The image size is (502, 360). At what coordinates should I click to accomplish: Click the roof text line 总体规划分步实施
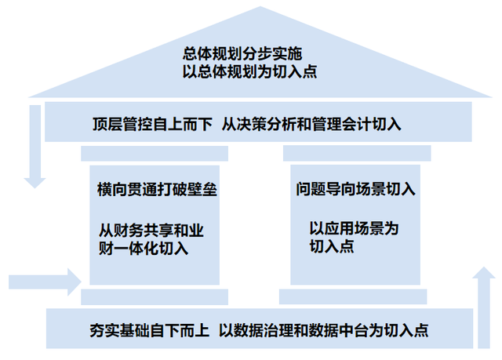pyautogui.click(x=242, y=54)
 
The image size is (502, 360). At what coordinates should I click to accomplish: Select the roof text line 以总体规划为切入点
pyautogui.click(x=249, y=71)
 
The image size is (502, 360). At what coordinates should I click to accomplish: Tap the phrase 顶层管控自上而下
pyautogui.click(x=152, y=124)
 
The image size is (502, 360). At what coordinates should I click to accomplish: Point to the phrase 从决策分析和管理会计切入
pyautogui.click(x=311, y=124)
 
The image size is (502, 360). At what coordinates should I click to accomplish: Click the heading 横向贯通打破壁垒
pyautogui.click(x=157, y=190)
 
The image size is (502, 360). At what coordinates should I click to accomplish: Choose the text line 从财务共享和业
pyautogui.click(x=151, y=231)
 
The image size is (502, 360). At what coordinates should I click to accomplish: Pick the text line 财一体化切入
pyautogui.click(x=144, y=249)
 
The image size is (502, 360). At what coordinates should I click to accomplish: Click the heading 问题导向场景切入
pyautogui.click(x=355, y=189)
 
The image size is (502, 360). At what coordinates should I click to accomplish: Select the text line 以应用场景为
pyautogui.click(x=354, y=228)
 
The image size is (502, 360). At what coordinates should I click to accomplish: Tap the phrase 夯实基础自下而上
pyautogui.click(x=150, y=330)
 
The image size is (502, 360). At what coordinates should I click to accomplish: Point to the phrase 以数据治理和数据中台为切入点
pyautogui.click(x=323, y=330)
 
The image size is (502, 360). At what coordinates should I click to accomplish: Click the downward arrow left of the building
pyautogui.click(x=35, y=147)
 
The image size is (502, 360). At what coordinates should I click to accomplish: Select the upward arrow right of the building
pyautogui.click(x=484, y=307)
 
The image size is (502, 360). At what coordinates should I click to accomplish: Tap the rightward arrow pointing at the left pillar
pyautogui.click(x=45, y=282)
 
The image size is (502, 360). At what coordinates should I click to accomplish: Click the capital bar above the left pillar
pyautogui.click(x=155, y=154)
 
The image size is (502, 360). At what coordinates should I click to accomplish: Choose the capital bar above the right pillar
pyautogui.click(x=357, y=153)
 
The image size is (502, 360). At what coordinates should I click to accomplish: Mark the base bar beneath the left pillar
pyautogui.click(x=155, y=297)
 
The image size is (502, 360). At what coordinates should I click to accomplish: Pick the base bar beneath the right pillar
pyautogui.click(x=353, y=296)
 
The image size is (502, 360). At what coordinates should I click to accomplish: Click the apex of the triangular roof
pyautogui.click(x=260, y=6)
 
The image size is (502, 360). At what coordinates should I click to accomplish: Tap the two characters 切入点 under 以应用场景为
pyautogui.click(x=332, y=246)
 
